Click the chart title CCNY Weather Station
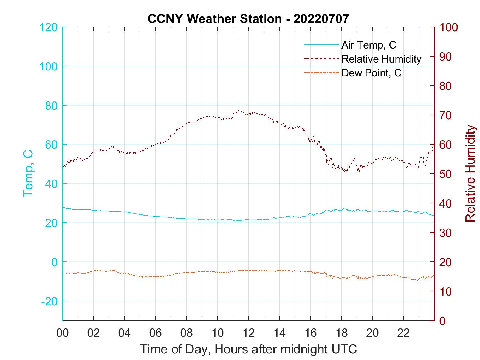coord(248,19)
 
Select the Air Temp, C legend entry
coord(368,45)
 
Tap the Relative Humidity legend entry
coord(381,59)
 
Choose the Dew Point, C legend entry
coord(371,73)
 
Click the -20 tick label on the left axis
coord(49,301)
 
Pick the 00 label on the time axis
coord(63,333)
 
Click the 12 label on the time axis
coord(249,333)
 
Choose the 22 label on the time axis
coord(403,333)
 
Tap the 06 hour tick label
coord(156,333)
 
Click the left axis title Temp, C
coord(28,174)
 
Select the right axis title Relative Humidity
coord(470,174)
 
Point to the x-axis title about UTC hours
coord(249,349)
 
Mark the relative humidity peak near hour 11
coord(239,110)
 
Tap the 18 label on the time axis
coord(341,333)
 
